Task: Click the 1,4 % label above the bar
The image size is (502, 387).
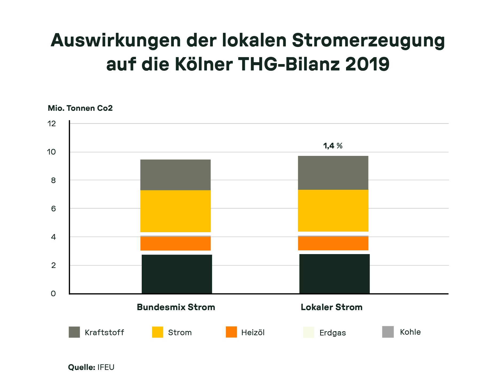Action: [333, 146]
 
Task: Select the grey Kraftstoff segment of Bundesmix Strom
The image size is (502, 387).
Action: [175, 175]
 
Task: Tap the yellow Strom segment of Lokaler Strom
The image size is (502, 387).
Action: [333, 211]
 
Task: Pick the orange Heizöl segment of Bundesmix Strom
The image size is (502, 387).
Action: [175, 244]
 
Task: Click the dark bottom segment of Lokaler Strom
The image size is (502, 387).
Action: [334, 274]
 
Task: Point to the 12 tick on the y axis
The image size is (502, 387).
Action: [52, 124]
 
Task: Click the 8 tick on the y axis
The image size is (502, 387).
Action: [53, 180]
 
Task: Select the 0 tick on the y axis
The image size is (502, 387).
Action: [53, 294]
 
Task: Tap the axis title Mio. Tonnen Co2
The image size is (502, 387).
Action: [80, 108]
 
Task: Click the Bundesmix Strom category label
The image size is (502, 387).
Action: [176, 307]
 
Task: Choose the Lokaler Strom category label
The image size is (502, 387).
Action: [331, 307]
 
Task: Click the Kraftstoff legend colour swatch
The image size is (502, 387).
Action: [74, 332]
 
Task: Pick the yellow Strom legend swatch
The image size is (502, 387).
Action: [158, 332]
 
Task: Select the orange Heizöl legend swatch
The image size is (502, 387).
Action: [231, 332]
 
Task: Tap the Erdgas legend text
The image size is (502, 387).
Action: [332, 333]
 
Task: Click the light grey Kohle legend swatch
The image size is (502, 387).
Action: [388, 332]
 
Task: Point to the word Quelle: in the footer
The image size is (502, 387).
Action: [82, 367]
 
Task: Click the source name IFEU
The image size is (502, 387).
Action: [106, 367]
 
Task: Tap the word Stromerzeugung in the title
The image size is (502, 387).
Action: [368, 41]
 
